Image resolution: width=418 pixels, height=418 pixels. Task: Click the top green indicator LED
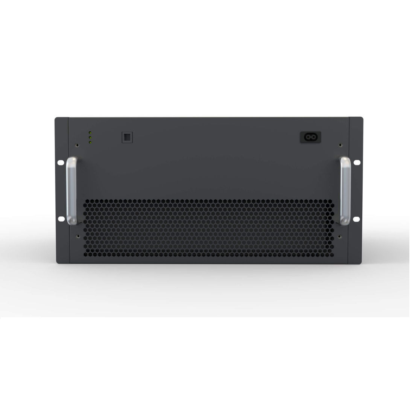point(90,133)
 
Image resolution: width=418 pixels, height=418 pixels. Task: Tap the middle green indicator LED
point(90,138)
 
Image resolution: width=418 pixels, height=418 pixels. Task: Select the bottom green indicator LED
point(90,142)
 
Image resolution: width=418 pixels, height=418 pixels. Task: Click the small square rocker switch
point(126,137)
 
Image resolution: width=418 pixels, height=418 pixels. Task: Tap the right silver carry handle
point(346,192)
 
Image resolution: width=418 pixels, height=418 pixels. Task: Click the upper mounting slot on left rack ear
point(60,163)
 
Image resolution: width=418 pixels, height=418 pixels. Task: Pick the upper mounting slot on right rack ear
point(357,163)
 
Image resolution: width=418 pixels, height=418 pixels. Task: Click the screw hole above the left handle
point(78,144)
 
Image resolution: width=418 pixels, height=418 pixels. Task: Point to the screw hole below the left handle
point(78,236)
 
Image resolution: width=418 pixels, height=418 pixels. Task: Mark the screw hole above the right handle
point(340,144)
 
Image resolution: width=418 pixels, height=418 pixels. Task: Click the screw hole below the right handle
point(340,236)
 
